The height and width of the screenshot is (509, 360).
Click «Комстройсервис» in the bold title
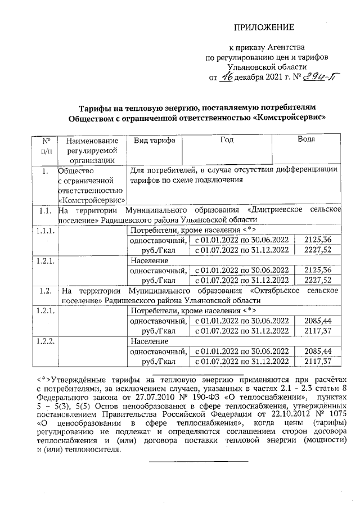(x=292, y=119)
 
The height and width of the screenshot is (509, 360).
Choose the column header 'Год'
(x=227, y=141)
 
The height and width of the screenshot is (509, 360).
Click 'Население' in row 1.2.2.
(x=146, y=341)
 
